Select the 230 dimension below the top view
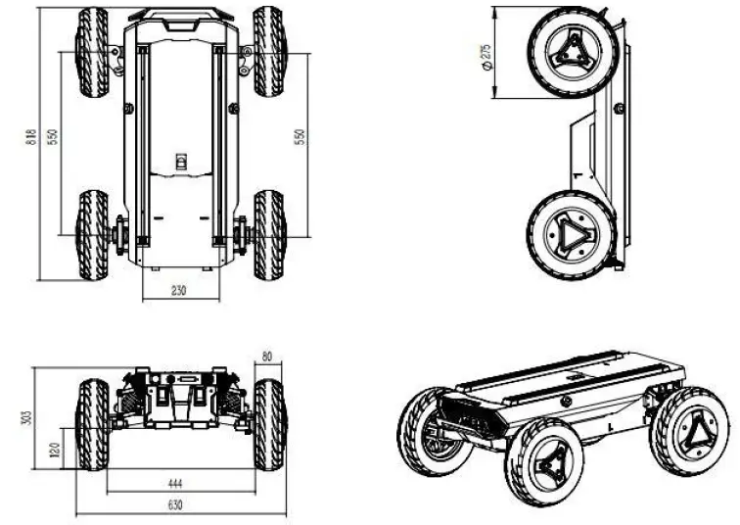click(177, 290)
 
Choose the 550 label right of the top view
click(301, 138)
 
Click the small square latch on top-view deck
click(180, 162)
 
